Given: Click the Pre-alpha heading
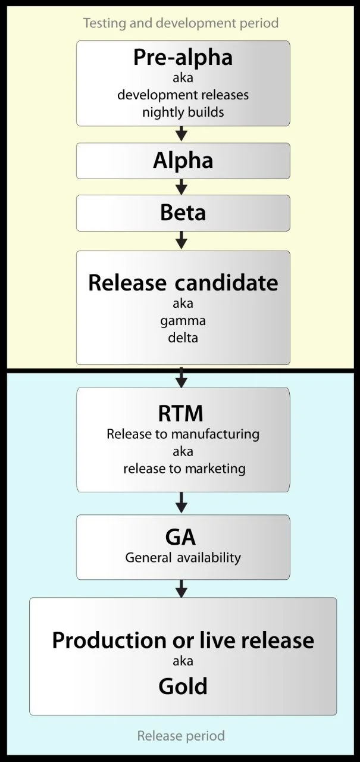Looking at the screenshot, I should (183, 58).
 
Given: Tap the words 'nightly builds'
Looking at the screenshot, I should (183, 112).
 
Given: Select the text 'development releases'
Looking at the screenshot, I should (183, 95).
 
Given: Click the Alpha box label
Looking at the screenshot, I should (183, 161).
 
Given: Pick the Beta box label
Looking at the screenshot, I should (183, 213).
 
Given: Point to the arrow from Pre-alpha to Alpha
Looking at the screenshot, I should (182, 134).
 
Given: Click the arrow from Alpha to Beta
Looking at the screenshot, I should (182, 186).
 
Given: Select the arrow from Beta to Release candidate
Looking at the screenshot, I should (182, 240).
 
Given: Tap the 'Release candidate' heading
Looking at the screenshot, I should (183, 282).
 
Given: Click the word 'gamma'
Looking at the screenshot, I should (183, 321).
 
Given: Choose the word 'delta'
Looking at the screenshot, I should (183, 338).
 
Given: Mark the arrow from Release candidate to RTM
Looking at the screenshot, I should (182, 377).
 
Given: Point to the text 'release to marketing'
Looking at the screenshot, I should (184, 469).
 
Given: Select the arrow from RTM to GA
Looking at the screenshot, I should (182, 502).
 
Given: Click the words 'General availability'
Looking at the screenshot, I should (183, 558).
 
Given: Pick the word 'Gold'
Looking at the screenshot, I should (183, 686).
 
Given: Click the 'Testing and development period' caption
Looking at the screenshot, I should (180, 23).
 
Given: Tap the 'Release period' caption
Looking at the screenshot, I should (181, 736).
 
